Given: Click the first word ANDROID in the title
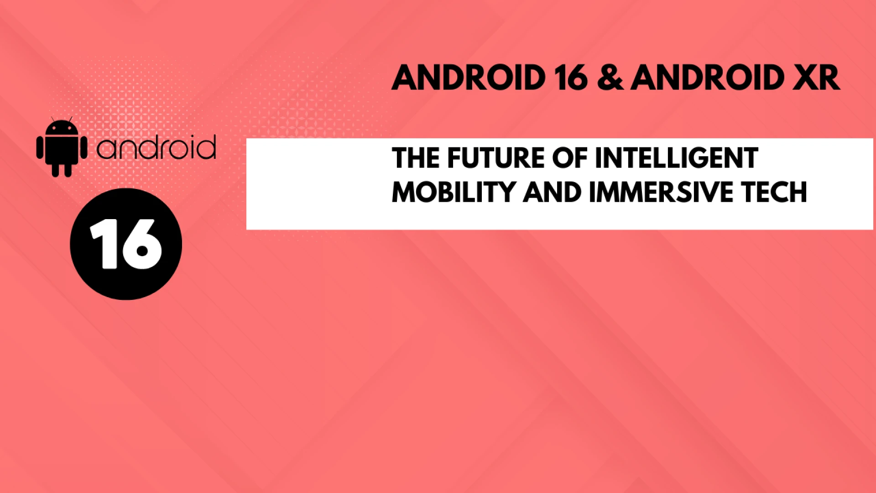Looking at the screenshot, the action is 469,78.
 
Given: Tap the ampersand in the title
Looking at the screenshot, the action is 610,78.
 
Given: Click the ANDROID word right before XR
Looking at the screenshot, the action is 708,78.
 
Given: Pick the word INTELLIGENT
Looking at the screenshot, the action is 677,158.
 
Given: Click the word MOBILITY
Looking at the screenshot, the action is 453,192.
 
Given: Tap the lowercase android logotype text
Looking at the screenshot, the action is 156,148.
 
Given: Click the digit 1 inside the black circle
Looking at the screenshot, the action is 104,243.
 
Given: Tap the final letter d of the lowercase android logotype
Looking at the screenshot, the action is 206,148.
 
